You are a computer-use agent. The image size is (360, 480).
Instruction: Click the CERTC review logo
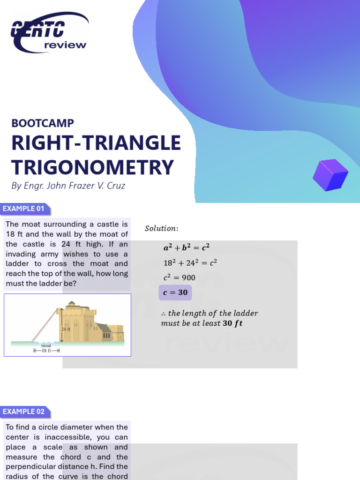point(49,32)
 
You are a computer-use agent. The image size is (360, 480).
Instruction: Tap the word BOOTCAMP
point(43,123)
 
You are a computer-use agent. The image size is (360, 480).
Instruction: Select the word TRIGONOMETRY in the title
point(92,167)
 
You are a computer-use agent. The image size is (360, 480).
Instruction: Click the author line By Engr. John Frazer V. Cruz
point(68,186)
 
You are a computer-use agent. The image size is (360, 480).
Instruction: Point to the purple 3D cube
point(330,175)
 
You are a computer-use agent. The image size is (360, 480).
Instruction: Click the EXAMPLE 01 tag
point(25,209)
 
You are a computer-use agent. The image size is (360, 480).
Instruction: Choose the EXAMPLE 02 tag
point(24,412)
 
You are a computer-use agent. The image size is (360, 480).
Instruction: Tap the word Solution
point(161,228)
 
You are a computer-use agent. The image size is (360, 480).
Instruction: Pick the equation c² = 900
point(179,277)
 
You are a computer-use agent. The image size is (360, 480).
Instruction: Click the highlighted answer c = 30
point(175,292)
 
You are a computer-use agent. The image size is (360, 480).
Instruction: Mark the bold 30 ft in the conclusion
point(232,323)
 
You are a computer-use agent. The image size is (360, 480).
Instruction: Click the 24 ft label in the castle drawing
point(66,329)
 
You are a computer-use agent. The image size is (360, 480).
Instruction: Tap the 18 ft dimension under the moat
point(46,350)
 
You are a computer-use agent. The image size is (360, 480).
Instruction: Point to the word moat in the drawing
point(46,345)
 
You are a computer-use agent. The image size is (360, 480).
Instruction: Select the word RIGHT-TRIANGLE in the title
point(96,143)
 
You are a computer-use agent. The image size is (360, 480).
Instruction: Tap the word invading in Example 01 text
point(22,254)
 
